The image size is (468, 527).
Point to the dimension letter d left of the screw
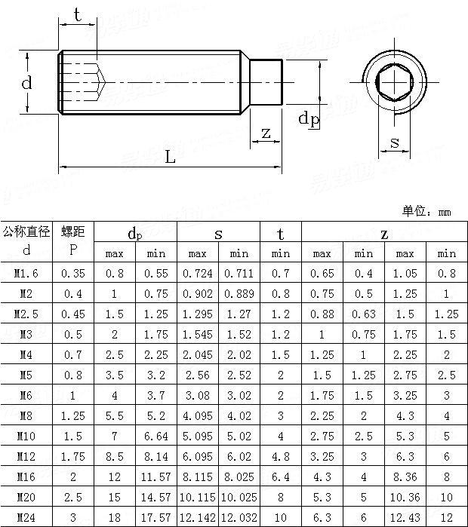(27, 83)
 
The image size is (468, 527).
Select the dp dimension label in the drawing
(308, 118)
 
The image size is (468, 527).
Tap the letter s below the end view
(394, 142)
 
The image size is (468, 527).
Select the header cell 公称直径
(26, 231)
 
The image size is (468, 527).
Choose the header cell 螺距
(73, 231)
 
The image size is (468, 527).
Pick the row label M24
(26, 517)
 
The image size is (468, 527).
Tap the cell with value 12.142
(198, 517)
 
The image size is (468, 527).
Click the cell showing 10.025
(239, 497)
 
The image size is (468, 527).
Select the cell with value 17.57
(156, 517)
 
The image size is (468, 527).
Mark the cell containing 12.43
(405, 517)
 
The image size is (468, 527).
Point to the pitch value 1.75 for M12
(73, 456)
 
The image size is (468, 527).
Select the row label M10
(26, 436)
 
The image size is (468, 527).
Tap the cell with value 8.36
(405, 476)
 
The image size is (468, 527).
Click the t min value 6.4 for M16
(280, 476)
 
